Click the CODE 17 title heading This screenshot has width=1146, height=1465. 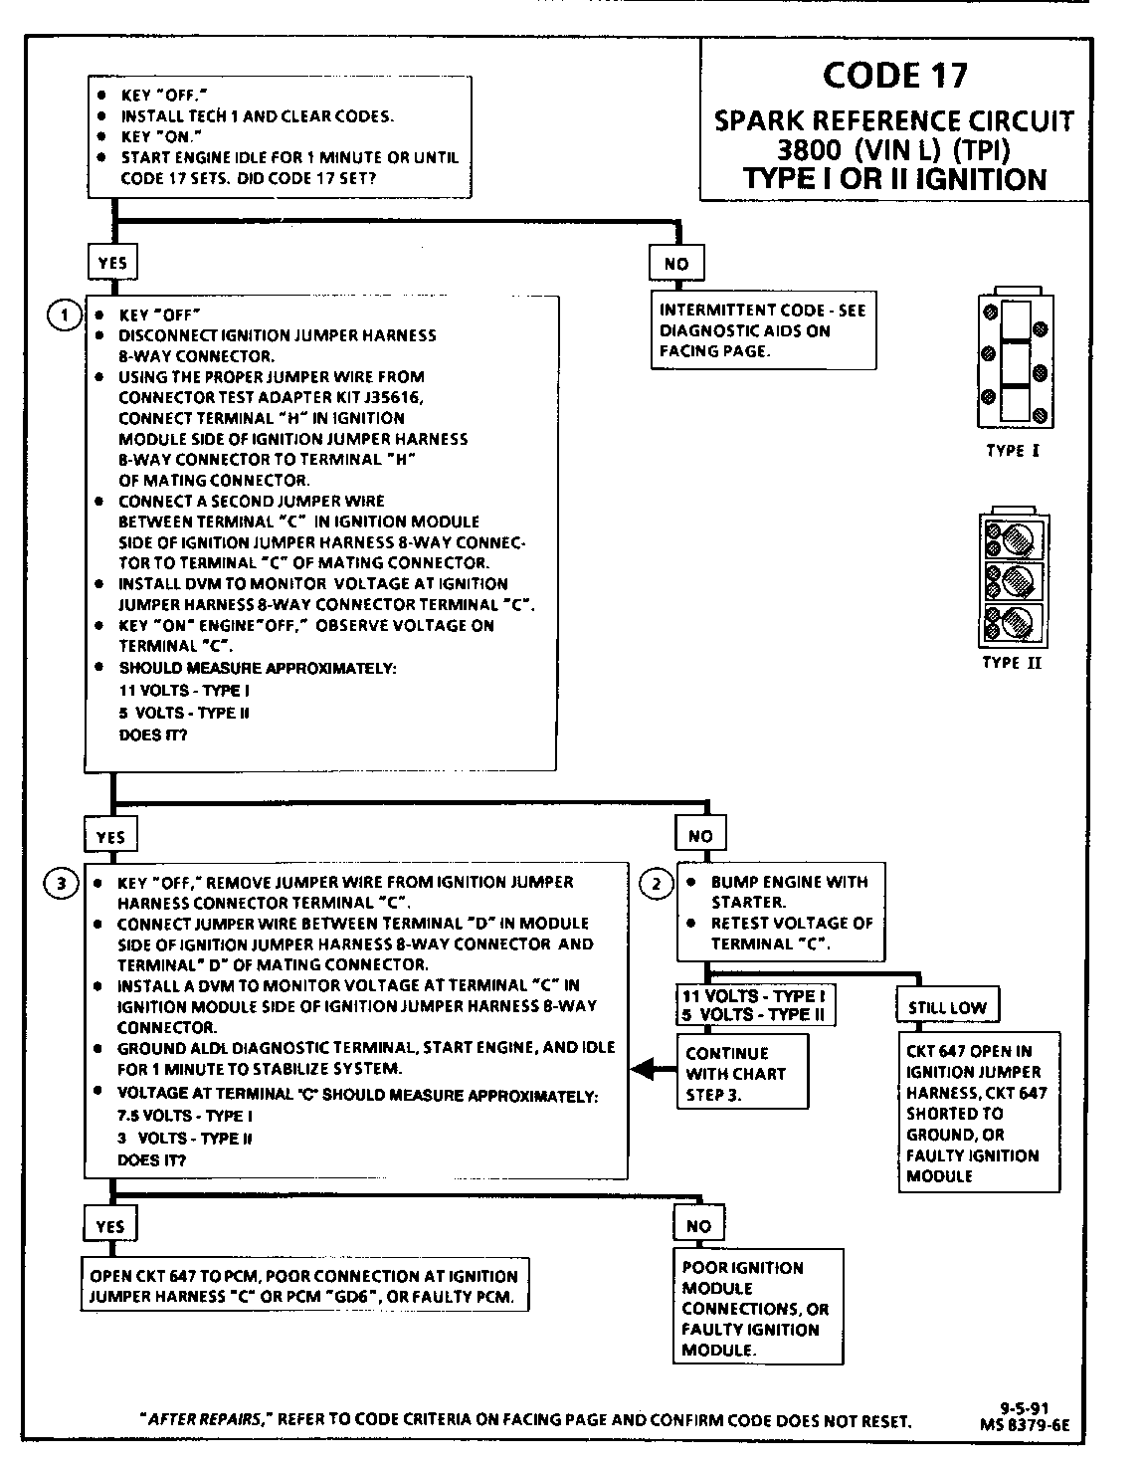point(894,76)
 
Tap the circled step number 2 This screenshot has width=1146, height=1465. point(656,883)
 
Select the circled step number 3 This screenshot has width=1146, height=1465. point(63,883)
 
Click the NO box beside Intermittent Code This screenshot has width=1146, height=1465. point(675,264)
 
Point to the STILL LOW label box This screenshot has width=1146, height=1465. point(947,1007)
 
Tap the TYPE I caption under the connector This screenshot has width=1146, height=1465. point(1013,450)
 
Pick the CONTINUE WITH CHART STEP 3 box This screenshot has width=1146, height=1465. point(742,1073)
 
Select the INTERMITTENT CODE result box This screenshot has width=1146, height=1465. point(763,330)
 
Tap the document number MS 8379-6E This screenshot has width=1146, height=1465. point(1025,1424)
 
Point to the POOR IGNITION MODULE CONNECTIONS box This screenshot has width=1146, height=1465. point(757,1308)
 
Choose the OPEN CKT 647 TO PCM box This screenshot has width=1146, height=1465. point(303,1286)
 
